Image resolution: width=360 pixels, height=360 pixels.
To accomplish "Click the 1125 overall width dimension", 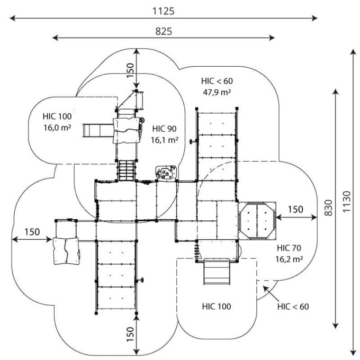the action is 164,11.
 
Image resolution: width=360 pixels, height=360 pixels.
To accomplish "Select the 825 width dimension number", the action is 164,31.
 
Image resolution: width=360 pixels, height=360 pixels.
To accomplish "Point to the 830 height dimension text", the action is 329,208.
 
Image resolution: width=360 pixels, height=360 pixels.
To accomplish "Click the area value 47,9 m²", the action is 217,92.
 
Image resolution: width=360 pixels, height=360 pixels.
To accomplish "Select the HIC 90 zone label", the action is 165,129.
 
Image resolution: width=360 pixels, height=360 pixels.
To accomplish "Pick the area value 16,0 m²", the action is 57,128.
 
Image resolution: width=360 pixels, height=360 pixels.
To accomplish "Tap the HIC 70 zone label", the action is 289,248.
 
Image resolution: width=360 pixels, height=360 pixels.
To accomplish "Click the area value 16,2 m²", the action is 289,259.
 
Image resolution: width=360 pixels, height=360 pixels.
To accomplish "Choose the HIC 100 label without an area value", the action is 217,307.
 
